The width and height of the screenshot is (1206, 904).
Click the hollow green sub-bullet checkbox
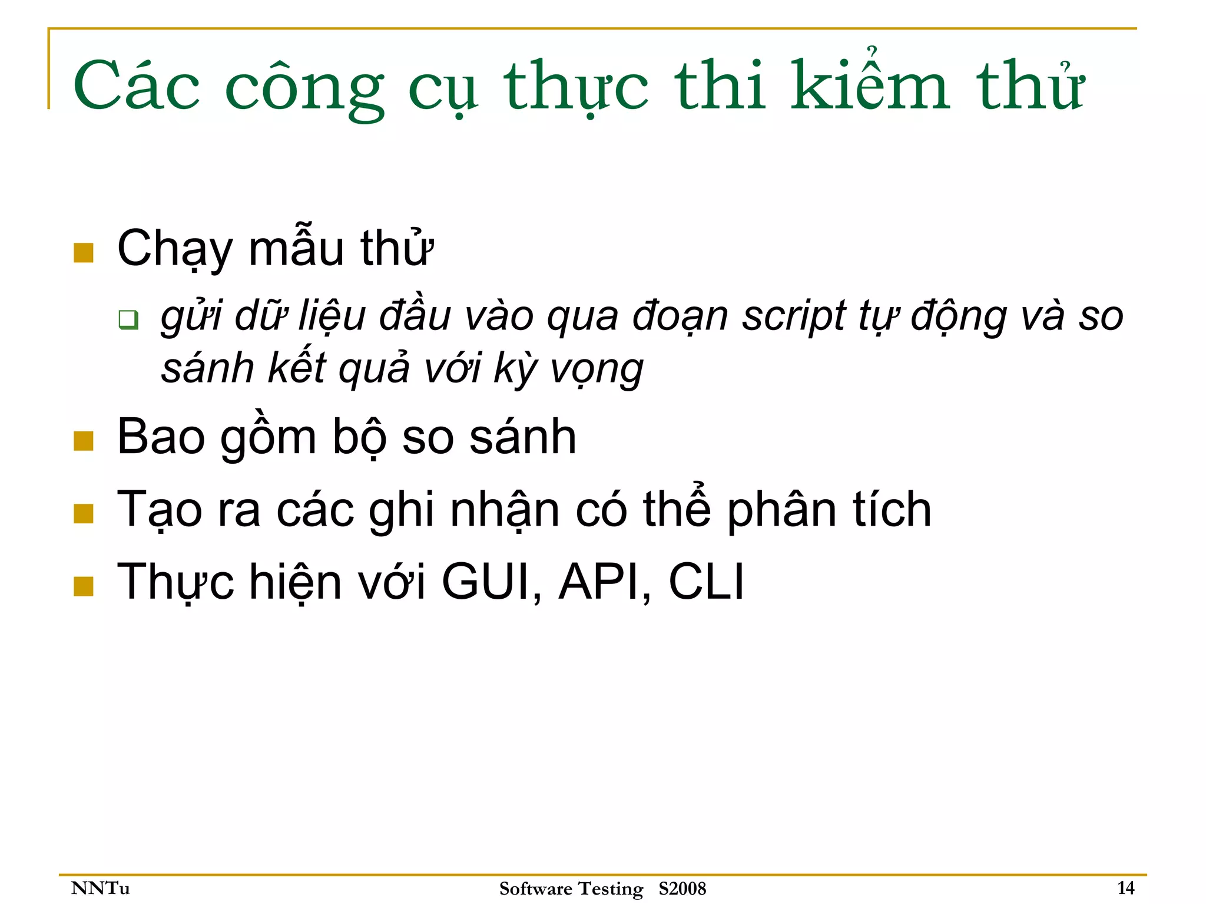(128, 319)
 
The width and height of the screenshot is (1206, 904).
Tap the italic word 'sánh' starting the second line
(207, 369)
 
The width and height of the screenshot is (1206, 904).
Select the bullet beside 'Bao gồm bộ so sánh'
(84, 441)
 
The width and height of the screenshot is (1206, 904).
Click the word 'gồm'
(269, 438)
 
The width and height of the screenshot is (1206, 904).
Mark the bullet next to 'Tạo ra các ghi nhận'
(84, 513)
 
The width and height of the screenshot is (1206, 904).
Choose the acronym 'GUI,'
(492, 582)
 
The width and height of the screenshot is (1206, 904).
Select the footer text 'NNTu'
(100, 888)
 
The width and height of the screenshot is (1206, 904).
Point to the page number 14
(1125, 887)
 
